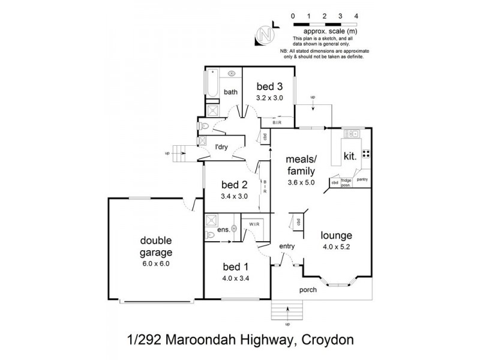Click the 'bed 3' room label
tap(270, 85)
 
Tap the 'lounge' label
tap(335, 235)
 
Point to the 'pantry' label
tap(362, 179)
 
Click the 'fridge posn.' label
tap(346, 182)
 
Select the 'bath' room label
tap(231, 92)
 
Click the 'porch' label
tap(307, 290)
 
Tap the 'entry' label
tap(287, 246)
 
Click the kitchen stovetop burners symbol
tap(366, 153)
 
